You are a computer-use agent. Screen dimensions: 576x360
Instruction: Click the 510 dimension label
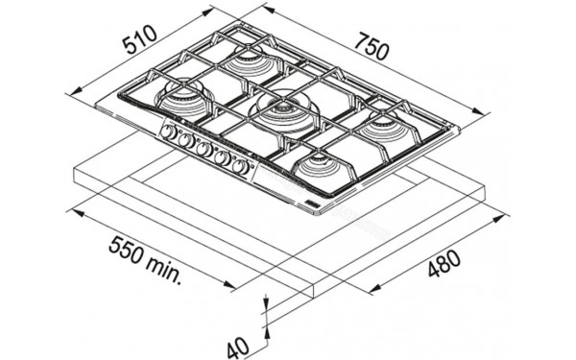pos(140,38)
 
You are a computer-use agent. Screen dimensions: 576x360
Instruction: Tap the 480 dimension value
pos(444,263)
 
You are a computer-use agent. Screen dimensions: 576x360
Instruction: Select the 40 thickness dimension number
pos(238,349)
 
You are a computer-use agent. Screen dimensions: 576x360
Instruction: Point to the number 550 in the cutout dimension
pos(127,251)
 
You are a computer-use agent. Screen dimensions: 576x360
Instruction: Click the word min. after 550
pos(164,269)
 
